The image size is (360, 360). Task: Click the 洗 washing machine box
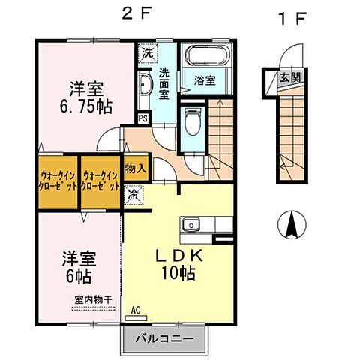pyautogui.click(x=147, y=54)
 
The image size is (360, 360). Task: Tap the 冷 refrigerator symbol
pyautogui.click(x=133, y=196)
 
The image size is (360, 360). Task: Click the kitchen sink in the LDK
pyautogui.click(x=190, y=224)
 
